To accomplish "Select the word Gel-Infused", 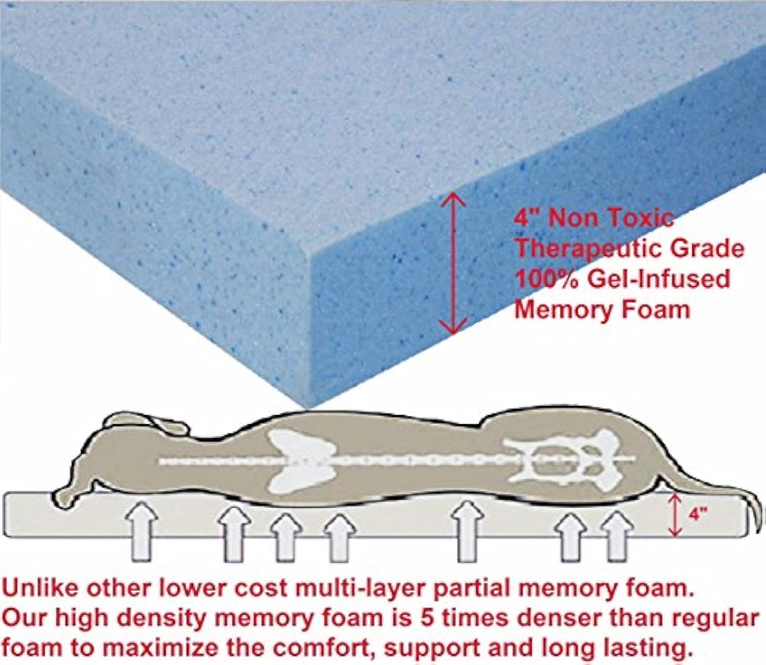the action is click(x=659, y=279).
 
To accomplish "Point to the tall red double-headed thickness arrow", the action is click(x=454, y=263).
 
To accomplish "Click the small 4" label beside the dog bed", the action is click(x=698, y=515).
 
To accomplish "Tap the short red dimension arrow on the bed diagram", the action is click(x=675, y=515).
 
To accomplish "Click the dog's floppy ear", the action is click(x=148, y=423).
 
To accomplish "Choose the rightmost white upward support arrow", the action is click(x=617, y=535).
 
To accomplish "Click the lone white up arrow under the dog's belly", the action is click(x=467, y=531).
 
